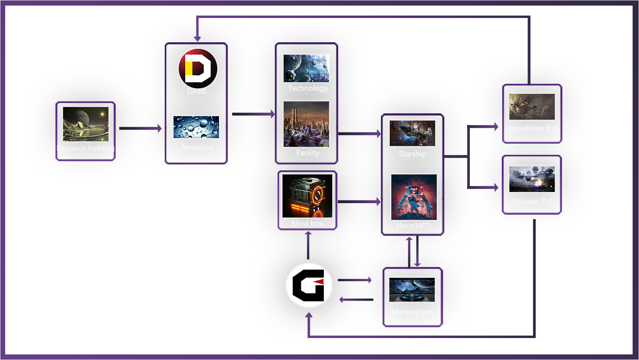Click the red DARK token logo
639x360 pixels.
pyautogui.click(x=197, y=68)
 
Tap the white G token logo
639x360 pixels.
pyautogui.click(x=309, y=285)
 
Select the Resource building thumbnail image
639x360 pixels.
pyautogui.click(x=85, y=124)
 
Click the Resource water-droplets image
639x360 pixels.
pyautogui.click(x=196, y=127)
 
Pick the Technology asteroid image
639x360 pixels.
pyautogui.click(x=306, y=68)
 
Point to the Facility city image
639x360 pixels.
pyautogui.click(x=306, y=124)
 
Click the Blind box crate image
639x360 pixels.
pyautogui.click(x=307, y=196)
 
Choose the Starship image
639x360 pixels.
pyautogui.click(x=412, y=133)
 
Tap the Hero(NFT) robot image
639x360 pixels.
pyautogui.click(x=414, y=197)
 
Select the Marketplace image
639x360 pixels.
pyautogui.click(x=412, y=290)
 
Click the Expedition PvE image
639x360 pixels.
pyautogui.click(x=532, y=107)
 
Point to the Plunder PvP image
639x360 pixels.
pyautogui.click(x=532, y=179)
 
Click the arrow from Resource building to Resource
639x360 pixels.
pyautogui.click(x=140, y=128)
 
